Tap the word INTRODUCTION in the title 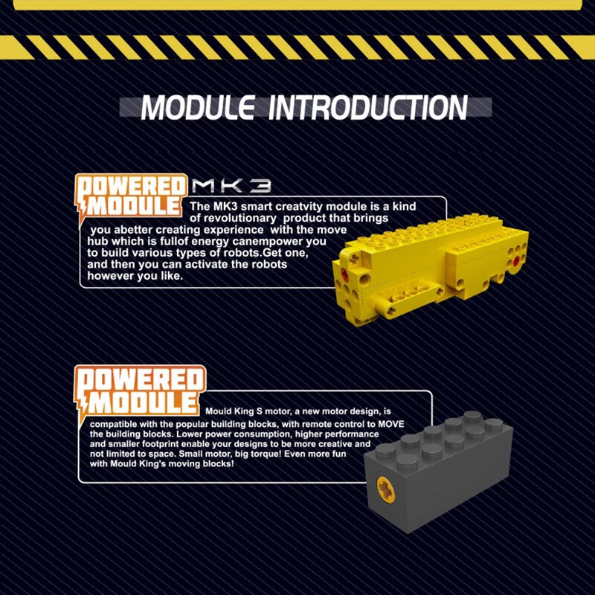[x=367, y=107]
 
